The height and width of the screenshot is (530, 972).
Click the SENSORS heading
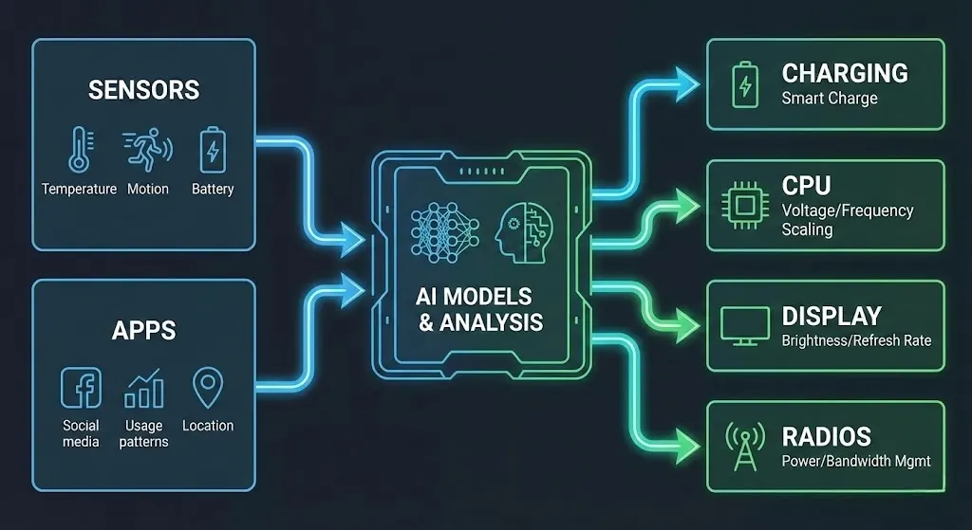tap(143, 90)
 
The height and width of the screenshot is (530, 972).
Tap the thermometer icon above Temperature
tap(78, 151)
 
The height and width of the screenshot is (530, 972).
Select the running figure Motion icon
tap(147, 150)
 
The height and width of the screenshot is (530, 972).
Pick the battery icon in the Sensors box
tap(212, 151)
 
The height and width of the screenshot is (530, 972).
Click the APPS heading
tap(143, 330)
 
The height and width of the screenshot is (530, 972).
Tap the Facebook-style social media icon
tap(81, 388)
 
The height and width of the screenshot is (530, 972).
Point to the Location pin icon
tap(207, 388)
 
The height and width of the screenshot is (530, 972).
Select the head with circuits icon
tap(521, 231)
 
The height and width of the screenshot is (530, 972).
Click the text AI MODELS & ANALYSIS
tap(480, 309)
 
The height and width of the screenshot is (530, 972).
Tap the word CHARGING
tap(844, 73)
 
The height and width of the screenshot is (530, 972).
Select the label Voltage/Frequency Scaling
tap(847, 220)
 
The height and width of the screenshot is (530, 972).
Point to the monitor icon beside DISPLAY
tap(745, 325)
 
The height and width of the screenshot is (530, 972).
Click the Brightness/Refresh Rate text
tap(856, 339)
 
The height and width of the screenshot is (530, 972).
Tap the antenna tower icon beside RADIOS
tap(744, 446)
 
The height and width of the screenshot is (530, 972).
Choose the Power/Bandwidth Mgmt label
tap(856, 461)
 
